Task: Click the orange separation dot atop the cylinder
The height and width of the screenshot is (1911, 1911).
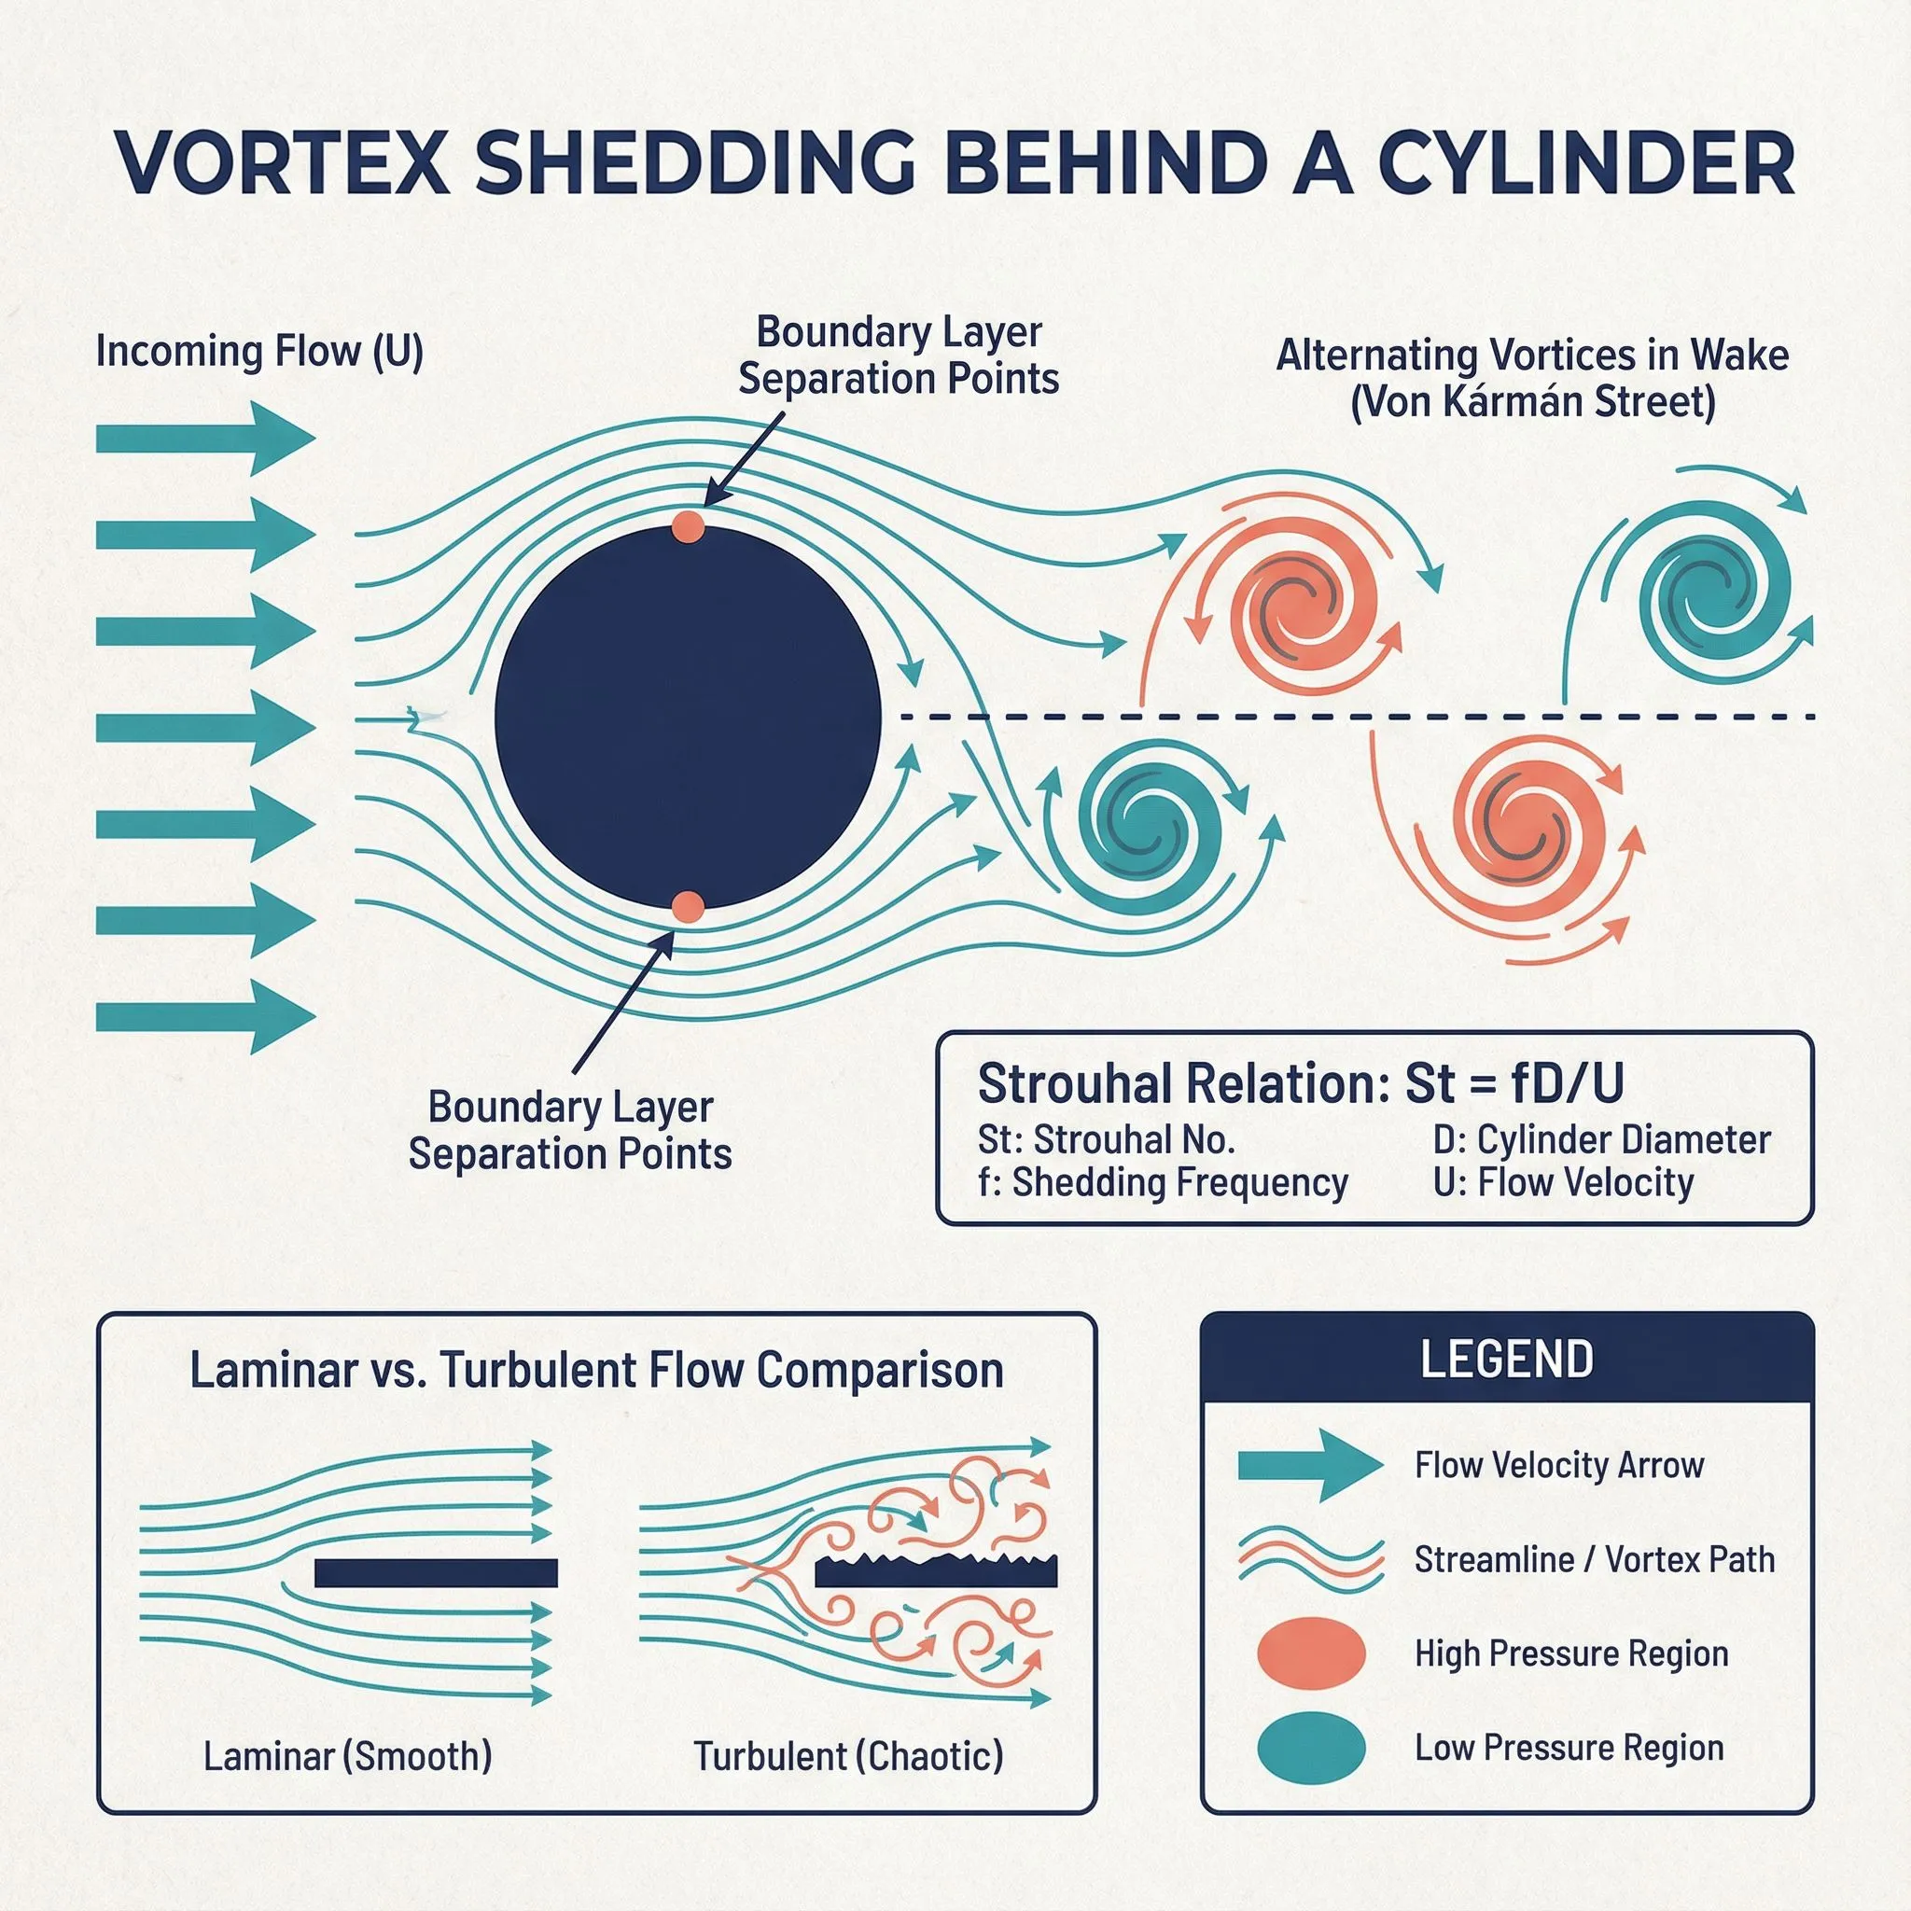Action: click(688, 526)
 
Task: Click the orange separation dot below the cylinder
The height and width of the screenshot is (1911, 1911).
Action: click(688, 906)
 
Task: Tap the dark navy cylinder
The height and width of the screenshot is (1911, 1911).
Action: click(688, 718)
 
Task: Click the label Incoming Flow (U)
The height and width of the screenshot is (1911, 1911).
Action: click(259, 352)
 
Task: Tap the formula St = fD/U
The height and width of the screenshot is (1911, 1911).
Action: click(1514, 1084)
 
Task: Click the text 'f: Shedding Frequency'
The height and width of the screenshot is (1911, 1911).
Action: click(1163, 1182)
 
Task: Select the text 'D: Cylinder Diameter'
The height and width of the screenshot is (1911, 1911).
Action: click(1600, 1139)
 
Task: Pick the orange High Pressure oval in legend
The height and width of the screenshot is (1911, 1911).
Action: click(1311, 1653)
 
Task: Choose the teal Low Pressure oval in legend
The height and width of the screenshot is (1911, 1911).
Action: click(1311, 1748)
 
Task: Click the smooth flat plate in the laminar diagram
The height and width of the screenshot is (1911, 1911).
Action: click(436, 1572)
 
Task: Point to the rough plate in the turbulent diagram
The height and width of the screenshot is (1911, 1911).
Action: click(936, 1570)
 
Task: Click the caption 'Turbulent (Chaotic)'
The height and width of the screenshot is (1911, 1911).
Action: click(847, 1756)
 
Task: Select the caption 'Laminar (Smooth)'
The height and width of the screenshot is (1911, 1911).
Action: click(347, 1756)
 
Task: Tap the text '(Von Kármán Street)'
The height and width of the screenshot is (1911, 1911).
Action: click(1532, 401)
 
